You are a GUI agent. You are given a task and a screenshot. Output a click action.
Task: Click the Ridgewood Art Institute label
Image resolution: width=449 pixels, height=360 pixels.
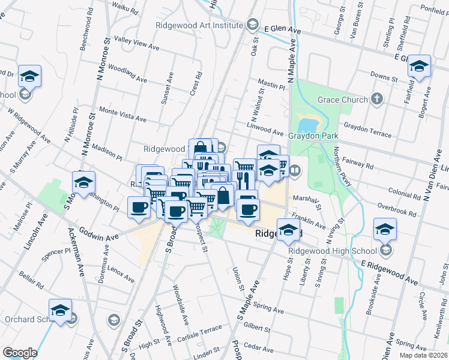click(199, 25)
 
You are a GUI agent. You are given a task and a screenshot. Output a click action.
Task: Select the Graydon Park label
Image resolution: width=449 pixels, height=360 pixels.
click(310, 136)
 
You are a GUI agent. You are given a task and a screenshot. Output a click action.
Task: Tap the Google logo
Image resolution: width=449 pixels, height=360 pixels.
click(20, 353)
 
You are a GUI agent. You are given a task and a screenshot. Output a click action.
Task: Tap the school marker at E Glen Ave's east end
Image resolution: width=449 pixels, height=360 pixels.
click(420, 66)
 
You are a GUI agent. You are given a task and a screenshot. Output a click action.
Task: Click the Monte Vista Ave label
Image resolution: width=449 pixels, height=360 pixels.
click(123, 115)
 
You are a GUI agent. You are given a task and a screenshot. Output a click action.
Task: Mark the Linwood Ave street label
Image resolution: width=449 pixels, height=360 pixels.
click(265, 129)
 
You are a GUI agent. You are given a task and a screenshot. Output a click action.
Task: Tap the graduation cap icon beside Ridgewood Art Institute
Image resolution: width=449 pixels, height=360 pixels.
click(253, 25)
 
